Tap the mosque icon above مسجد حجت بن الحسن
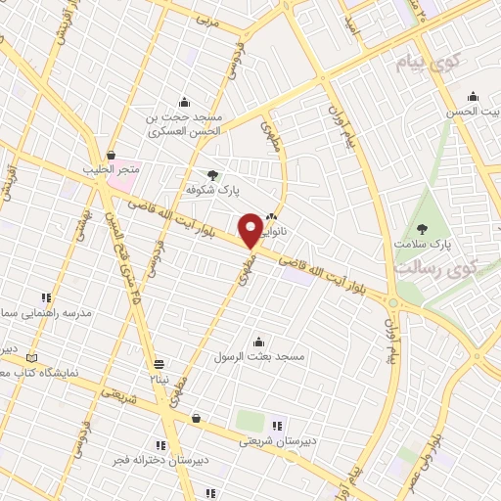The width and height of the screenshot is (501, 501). click(183, 103)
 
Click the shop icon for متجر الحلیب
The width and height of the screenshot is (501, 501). click(112, 156)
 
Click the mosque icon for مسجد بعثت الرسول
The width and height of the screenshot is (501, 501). click(258, 342)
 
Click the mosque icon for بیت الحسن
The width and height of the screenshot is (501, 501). click(473, 96)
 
